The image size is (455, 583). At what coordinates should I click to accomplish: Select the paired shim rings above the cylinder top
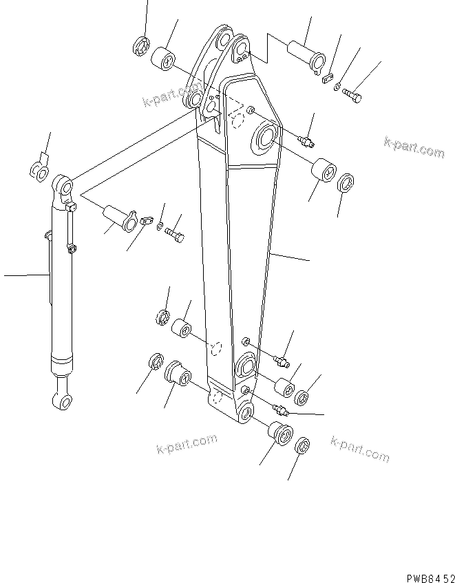39,169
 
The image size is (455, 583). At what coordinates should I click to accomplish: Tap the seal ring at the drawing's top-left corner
142,47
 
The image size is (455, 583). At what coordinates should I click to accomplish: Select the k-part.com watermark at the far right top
414,147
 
